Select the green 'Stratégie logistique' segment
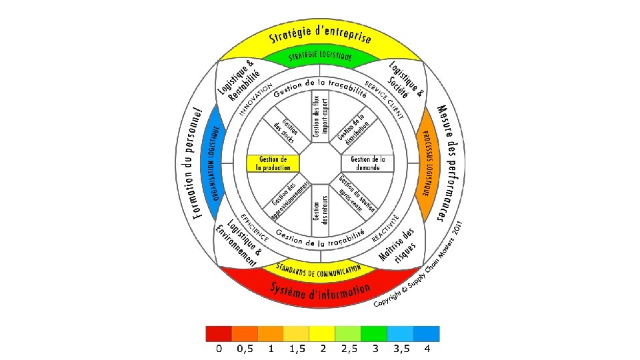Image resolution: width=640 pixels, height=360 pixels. point(320,57)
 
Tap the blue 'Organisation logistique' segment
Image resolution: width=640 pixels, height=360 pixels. point(214,163)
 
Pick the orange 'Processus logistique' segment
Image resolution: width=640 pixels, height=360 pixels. point(425,163)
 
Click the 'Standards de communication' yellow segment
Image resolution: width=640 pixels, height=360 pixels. point(319,270)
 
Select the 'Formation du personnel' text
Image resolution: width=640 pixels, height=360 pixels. point(196,163)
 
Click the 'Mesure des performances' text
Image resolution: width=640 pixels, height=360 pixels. point(445,163)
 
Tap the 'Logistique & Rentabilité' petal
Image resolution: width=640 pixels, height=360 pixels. point(237,81)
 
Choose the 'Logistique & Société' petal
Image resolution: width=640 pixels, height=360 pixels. point(404,82)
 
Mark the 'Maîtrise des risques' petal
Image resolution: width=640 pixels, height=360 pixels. point(398,247)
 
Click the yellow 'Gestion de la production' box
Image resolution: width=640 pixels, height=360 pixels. point(272,163)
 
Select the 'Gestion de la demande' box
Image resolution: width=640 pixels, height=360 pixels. point(368,163)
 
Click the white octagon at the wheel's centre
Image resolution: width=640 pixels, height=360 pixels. point(320,163)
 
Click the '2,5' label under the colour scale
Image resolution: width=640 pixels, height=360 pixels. point(349,349)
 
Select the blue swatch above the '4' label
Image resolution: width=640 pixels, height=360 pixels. point(427,333)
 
